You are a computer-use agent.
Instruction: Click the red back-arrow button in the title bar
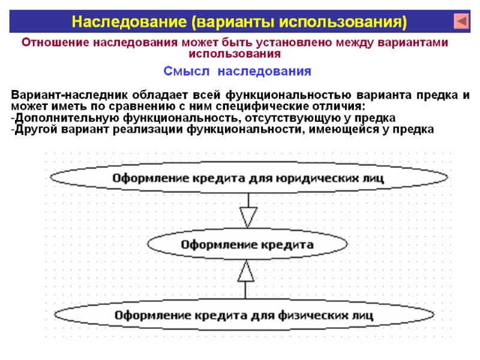[x=461, y=22]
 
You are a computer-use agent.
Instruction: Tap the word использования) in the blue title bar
[x=354, y=22]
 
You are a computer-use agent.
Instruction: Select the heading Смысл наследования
[x=238, y=71]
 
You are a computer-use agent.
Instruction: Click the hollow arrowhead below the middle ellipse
[x=246, y=272]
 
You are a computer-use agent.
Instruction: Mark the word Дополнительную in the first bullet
[x=59, y=118]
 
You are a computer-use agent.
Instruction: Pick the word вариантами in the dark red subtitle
[x=414, y=43]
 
